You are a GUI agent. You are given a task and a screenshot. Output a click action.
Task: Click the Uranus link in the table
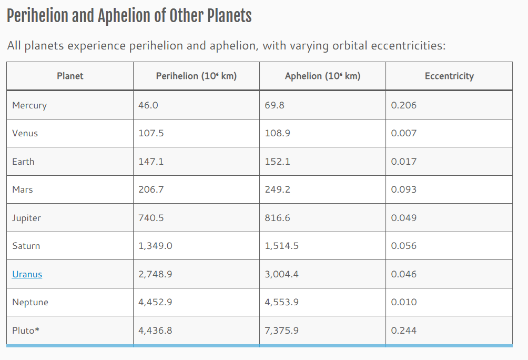[27, 274]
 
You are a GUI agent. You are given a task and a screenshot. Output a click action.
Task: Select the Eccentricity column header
[449, 76]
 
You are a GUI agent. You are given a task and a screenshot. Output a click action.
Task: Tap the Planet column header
[70, 76]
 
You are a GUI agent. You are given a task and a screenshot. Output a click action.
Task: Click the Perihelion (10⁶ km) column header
[196, 76]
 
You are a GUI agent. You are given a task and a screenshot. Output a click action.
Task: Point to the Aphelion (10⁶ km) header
[322, 76]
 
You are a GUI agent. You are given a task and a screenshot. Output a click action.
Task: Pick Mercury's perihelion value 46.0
[148, 105]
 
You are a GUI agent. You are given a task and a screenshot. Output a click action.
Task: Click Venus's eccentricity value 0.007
[403, 133]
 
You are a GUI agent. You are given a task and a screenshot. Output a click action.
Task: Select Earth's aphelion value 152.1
[277, 162]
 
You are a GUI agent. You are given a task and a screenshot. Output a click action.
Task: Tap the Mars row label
[23, 189]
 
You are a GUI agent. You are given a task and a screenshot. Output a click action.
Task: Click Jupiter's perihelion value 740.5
[151, 218]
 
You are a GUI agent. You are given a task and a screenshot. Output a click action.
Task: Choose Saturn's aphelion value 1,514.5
[281, 246]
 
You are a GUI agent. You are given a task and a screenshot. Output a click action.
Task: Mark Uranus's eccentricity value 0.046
[403, 274]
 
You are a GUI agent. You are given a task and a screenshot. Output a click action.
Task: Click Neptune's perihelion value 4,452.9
[155, 302]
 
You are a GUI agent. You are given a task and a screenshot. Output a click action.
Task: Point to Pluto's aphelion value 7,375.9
[281, 331]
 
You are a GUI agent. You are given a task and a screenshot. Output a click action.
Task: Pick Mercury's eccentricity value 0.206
[403, 105]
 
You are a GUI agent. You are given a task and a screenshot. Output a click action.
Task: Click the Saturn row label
[26, 246]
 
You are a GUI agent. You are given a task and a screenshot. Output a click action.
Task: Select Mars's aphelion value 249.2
[277, 189]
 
